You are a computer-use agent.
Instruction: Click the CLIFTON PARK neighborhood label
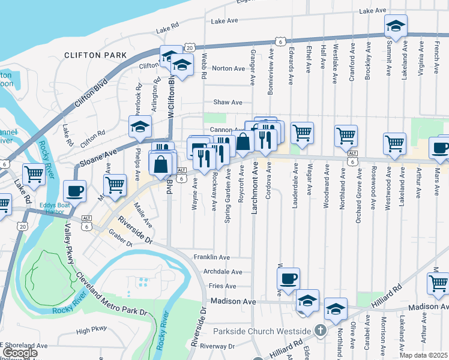tap(96, 55)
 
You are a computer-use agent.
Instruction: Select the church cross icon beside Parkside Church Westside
tap(321, 331)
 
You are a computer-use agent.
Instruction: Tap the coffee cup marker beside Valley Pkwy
tap(74, 191)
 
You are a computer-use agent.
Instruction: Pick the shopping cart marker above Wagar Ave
tap(302, 132)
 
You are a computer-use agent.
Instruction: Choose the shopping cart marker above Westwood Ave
tap(394, 143)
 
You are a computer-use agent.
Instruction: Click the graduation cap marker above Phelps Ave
tap(140, 127)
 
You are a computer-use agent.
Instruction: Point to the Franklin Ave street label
tap(211, 257)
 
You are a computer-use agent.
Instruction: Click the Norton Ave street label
tap(228, 68)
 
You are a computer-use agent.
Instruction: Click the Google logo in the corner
tap(20, 353)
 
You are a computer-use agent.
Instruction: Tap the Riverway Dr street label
tap(217, 346)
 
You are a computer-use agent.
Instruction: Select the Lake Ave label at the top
tap(372, 11)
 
